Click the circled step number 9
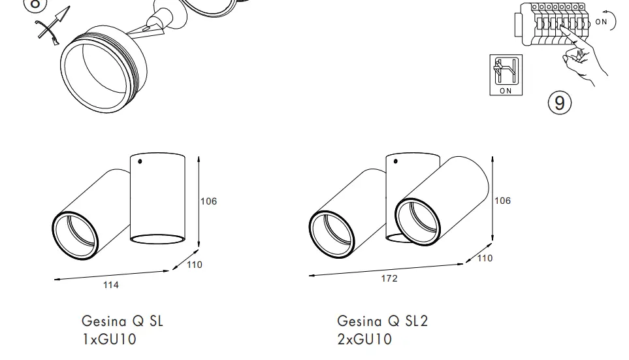click(x=560, y=103)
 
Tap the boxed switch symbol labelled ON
click(x=506, y=75)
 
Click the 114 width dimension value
click(x=111, y=285)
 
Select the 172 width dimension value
click(x=389, y=278)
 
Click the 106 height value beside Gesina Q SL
click(x=208, y=201)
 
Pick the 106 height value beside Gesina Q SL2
click(x=502, y=201)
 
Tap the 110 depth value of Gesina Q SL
click(x=195, y=265)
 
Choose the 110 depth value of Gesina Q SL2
click(x=485, y=258)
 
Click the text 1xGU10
click(x=109, y=339)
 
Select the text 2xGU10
click(x=364, y=339)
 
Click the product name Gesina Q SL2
click(x=382, y=321)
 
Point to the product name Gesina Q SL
click(x=122, y=321)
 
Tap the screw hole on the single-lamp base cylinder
click(x=140, y=160)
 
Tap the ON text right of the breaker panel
click(x=601, y=22)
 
